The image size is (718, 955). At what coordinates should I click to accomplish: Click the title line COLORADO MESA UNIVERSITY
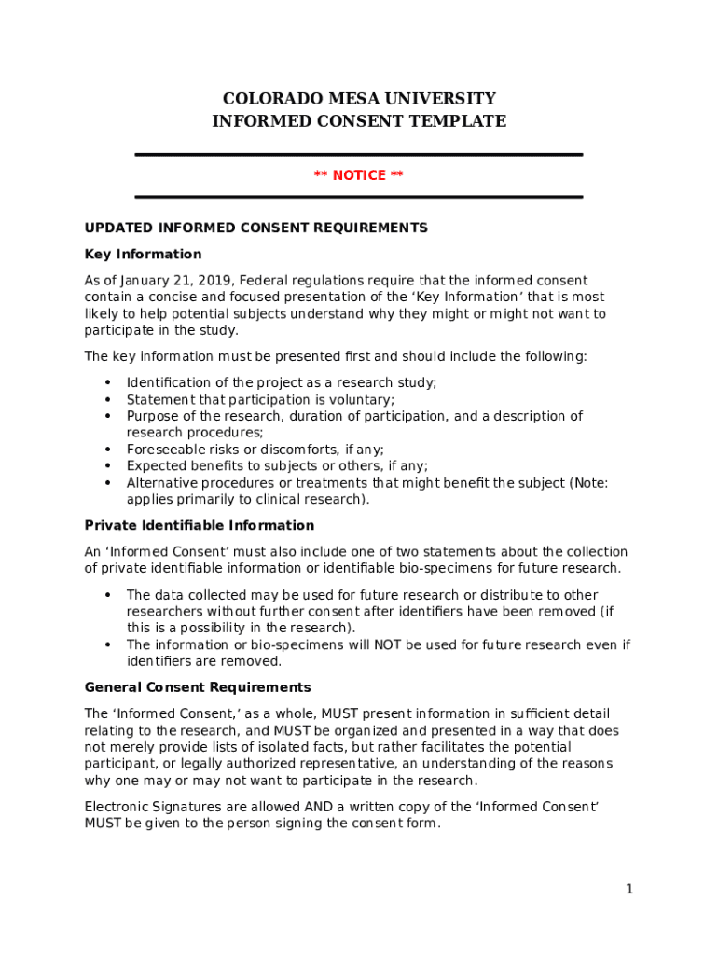coord(359,99)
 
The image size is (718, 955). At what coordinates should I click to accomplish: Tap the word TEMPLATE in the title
coord(463,121)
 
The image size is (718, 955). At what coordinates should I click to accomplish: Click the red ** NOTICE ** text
coord(359,175)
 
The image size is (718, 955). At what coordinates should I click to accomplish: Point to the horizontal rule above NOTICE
coord(359,155)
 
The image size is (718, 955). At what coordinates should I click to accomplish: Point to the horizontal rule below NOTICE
coord(359,197)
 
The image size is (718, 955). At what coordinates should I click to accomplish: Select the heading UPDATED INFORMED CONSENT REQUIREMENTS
coord(255,228)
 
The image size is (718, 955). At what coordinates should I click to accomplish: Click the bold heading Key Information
coord(143,255)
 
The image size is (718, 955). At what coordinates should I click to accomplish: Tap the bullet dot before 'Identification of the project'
coord(107,382)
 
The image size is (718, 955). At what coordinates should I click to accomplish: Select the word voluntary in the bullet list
coord(361,399)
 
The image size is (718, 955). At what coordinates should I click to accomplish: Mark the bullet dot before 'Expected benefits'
coord(107,465)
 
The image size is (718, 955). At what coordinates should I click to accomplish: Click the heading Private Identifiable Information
coord(200,526)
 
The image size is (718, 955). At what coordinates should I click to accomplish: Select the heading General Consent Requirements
coord(198,688)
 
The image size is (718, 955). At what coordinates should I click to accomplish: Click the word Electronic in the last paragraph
coord(118,807)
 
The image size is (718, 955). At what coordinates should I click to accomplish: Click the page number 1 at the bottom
coord(629,890)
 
